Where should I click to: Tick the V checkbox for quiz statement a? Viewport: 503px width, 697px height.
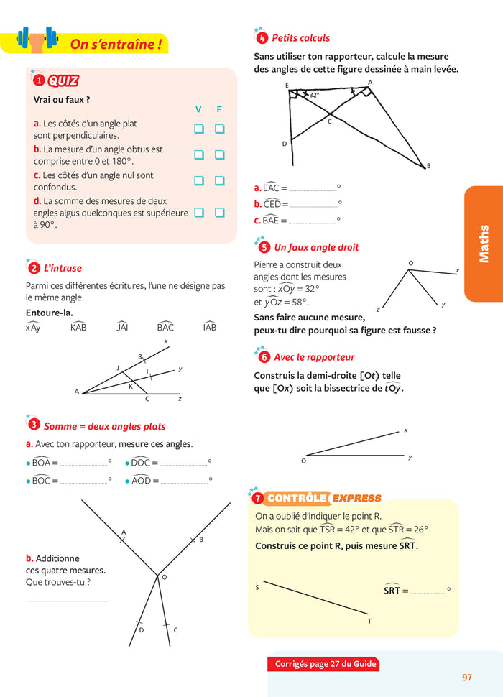pyautogui.click(x=198, y=129)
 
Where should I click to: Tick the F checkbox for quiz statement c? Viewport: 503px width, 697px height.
pyautogui.click(x=219, y=180)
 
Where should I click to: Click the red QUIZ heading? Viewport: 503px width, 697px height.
pyautogui.click(x=63, y=81)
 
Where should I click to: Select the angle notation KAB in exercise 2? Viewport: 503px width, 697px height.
pyautogui.click(x=78, y=328)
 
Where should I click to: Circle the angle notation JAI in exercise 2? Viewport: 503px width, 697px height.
pyautogui.click(x=121, y=328)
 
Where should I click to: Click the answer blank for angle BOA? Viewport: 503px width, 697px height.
pyautogui.click(x=83, y=463)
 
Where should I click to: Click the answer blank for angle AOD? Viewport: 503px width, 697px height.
pyautogui.click(x=183, y=480)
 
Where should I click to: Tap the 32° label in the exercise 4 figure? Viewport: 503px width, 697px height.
pyautogui.click(x=314, y=94)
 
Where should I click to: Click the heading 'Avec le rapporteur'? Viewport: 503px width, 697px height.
pyautogui.click(x=314, y=357)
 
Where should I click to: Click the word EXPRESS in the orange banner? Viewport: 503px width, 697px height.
pyautogui.click(x=357, y=498)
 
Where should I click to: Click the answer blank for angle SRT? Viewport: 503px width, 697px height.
pyautogui.click(x=428, y=591)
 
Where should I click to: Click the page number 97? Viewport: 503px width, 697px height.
pyautogui.click(x=467, y=677)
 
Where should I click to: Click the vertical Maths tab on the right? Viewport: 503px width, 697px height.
pyautogui.click(x=484, y=244)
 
